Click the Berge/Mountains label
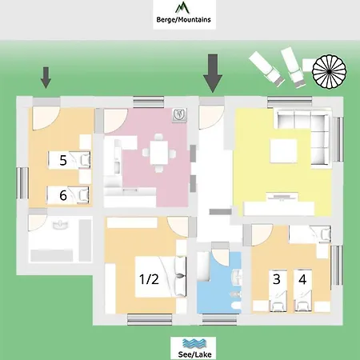183,19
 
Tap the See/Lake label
194,354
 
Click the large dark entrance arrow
213,74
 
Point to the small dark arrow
46,78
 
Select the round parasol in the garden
330,71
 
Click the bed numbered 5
69,160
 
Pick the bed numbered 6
68,195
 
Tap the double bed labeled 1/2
161,277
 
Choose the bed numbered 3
278,291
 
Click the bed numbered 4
302,291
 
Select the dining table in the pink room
159,153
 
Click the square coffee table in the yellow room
283,150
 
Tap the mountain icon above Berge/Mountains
182,7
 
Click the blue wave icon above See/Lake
194,343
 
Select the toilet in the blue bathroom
236,306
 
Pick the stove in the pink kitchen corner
179,115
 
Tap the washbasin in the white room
61,225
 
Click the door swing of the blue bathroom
221,258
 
